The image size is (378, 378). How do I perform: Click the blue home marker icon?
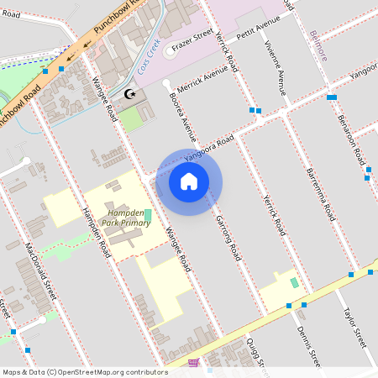coord(189,181)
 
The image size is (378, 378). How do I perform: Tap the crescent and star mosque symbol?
coord(129,95)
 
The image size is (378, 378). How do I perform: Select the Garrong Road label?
coord(228,235)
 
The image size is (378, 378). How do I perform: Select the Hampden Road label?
coord(95,232)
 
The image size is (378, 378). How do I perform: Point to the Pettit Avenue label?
coord(257,31)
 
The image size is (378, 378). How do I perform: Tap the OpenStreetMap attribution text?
coord(84,371)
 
